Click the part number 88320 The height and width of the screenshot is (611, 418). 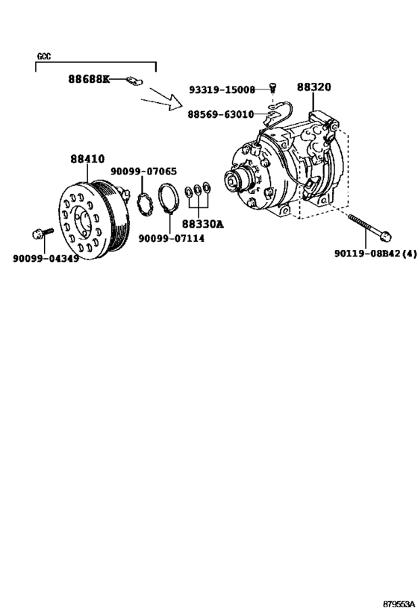click(314, 87)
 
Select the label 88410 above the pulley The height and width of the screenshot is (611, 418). click(88, 159)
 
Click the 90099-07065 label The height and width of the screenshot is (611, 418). click(144, 172)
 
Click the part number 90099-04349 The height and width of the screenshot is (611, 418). click(46, 258)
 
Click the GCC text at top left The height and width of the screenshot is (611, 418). click(44, 57)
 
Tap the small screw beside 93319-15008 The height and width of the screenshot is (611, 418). click(274, 89)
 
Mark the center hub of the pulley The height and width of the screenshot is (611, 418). click(83, 222)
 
